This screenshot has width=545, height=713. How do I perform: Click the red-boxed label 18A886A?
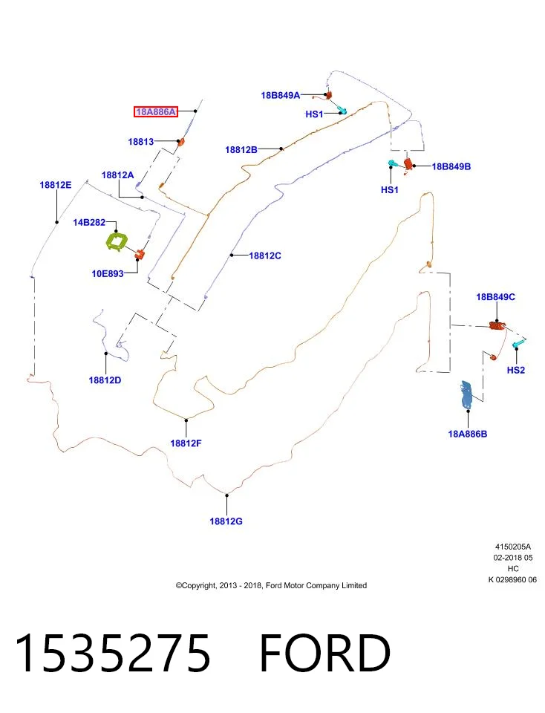(x=155, y=111)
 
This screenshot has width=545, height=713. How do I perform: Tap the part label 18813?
(x=141, y=142)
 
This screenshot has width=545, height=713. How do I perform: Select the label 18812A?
(x=118, y=175)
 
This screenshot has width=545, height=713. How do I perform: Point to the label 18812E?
(x=56, y=185)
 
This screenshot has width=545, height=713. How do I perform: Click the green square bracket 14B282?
(x=116, y=241)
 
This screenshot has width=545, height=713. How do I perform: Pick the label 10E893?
(x=108, y=274)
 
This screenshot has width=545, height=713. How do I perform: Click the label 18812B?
(x=241, y=149)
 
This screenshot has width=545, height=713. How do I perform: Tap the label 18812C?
(x=265, y=256)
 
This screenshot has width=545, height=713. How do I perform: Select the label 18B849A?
(x=281, y=96)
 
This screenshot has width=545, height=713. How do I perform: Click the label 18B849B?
(x=451, y=166)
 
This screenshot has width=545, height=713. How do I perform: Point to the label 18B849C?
(x=495, y=297)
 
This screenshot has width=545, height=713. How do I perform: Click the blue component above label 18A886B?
(x=467, y=394)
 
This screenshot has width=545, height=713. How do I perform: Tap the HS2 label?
(x=516, y=370)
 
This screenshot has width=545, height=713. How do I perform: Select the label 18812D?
(x=105, y=380)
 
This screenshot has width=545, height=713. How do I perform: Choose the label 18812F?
(x=186, y=443)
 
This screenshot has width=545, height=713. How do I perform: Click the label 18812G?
(x=226, y=521)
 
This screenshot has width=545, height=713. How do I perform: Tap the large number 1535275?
(x=113, y=653)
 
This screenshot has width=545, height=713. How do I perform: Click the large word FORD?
(x=325, y=653)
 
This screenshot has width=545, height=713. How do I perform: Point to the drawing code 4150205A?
(x=513, y=547)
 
